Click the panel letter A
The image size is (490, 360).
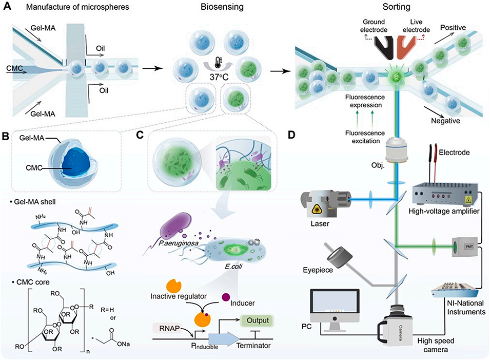coord(9,8)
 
